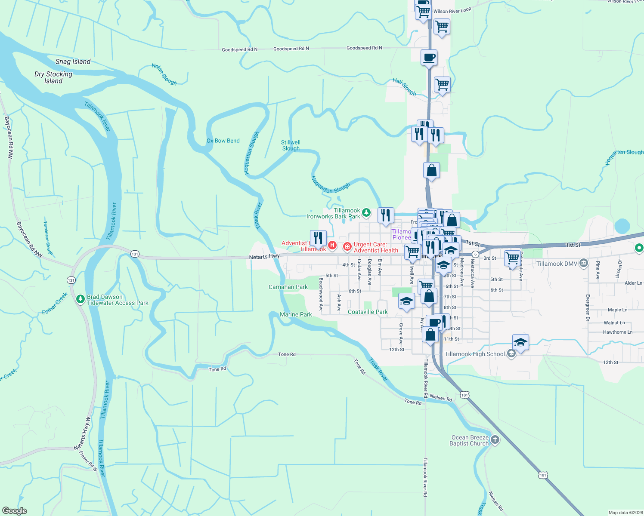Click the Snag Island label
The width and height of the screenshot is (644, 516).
click(x=73, y=61)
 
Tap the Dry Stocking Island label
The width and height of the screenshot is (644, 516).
click(x=53, y=77)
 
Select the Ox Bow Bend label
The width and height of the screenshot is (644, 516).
click(x=223, y=141)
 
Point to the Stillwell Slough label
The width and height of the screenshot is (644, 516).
click(x=291, y=145)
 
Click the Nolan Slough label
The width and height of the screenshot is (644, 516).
click(x=164, y=74)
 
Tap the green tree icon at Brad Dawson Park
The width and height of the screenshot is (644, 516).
click(x=80, y=299)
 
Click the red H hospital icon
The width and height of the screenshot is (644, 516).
click(x=332, y=245)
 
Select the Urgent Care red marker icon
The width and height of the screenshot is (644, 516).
click(x=347, y=247)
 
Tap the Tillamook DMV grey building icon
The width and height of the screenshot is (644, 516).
click(x=583, y=263)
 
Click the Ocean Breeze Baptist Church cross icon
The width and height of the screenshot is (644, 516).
click(x=495, y=439)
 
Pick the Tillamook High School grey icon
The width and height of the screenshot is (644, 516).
click(x=511, y=354)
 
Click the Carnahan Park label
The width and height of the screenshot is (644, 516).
click(x=288, y=287)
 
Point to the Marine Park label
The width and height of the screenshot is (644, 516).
click(x=296, y=314)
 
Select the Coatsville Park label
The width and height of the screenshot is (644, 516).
click(x=368, y=312)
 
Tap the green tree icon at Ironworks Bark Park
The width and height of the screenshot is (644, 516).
click(x=366, y=212)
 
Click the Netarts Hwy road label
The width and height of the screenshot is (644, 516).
click(x=264, y=256)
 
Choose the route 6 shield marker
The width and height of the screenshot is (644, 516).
click(x=475, y=254)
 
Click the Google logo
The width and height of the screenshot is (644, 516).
click(x=15, y=510)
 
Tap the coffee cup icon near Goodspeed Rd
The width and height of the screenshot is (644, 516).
click(x=429, y=57)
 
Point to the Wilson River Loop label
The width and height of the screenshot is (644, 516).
click(x=452, y=10)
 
